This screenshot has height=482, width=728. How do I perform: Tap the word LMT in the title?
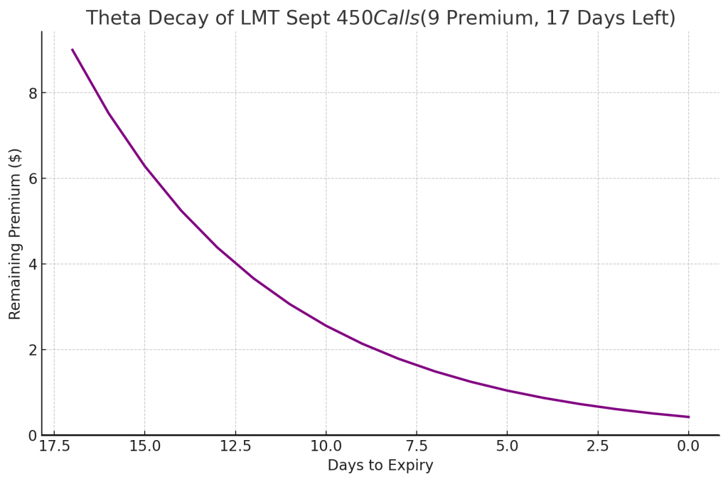[248, 18]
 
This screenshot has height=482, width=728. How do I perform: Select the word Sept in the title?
[295, 18]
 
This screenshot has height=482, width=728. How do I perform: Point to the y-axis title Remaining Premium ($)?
[15, 233]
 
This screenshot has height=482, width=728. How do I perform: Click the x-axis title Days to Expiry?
[380, 466]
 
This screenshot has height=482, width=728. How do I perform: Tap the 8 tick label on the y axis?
[32, 93]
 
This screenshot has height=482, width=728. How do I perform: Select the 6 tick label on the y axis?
[32, 178]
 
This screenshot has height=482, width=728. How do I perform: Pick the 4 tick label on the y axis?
[32, 264]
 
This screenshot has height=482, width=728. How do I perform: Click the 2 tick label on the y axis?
[32, 350]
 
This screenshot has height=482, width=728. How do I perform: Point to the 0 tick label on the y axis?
[32, 435]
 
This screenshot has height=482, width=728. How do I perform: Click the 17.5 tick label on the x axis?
[54, 446]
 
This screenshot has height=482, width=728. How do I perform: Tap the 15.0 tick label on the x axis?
[144, 446]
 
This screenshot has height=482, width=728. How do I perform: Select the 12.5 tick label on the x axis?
[235, 446]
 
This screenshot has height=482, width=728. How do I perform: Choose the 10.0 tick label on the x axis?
[326, 446]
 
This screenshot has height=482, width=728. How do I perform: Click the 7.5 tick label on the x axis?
[417, 446]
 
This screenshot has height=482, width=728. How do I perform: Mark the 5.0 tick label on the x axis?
[507, 446]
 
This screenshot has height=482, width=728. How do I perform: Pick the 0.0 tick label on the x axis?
[688, 446]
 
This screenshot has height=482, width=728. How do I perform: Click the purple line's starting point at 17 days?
[73, 50]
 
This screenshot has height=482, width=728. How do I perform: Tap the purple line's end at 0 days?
[688, 417]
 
